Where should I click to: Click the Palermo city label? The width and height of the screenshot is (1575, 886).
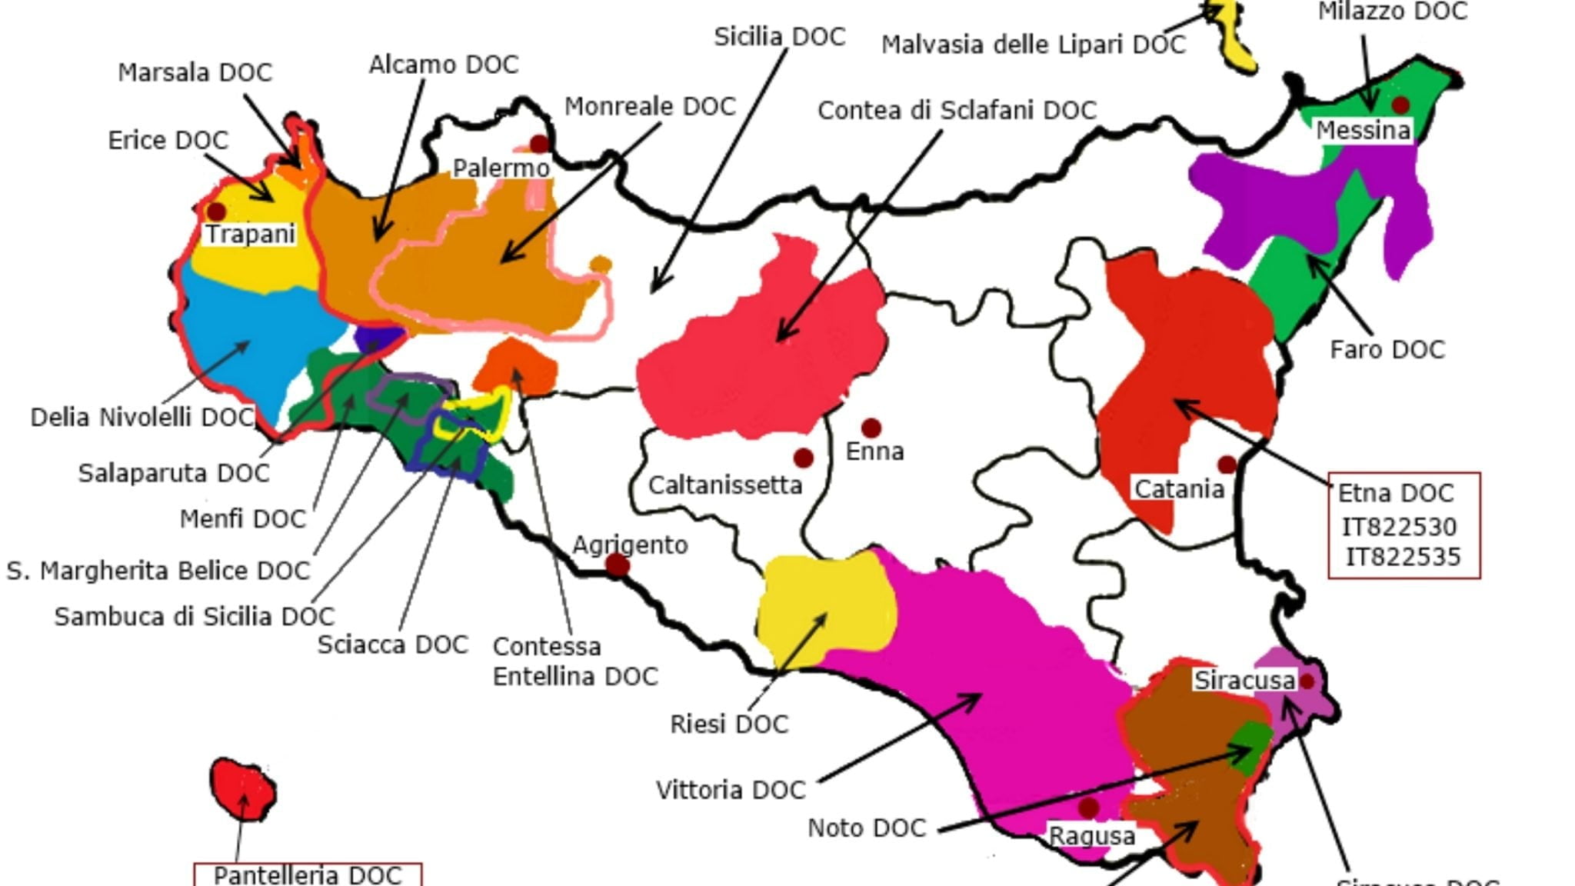coord(501,168)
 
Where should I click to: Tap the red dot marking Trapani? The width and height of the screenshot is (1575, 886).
coord(216,211)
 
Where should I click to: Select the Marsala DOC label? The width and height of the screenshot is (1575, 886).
coord(195,73)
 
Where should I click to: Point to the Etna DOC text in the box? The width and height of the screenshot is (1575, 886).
coord(1395,493)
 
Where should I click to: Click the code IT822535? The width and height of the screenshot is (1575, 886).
coord(1402,557)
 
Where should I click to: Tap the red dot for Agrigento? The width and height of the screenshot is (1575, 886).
coord(617,566)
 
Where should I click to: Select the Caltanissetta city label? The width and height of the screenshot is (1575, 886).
coord(724,485)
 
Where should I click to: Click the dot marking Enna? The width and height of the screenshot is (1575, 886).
coord(871,428)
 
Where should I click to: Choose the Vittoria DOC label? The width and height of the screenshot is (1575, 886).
coord(730,790)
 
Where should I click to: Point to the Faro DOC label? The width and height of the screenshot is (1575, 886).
coord(1387,350)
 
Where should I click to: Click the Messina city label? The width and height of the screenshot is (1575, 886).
coord(1363,131)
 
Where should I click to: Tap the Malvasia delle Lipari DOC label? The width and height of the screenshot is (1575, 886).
coord(1033,45)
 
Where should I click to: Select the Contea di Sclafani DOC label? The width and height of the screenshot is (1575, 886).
coord(956,111)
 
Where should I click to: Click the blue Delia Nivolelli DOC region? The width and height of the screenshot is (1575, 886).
coord(246,338)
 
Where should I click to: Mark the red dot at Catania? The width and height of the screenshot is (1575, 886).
coord(1227,465)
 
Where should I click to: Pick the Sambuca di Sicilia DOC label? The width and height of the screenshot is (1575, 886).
coord(194,617)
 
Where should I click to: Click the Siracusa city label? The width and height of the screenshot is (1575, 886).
coord(1244,681)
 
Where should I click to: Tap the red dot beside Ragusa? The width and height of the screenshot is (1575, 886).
coord(1087,808)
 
